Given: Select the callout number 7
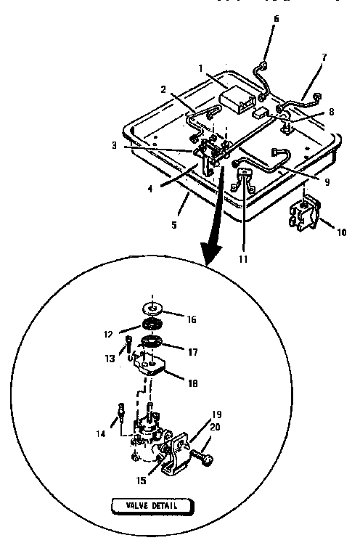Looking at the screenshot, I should click(324, 56).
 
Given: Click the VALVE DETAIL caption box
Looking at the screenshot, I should click(152, 505).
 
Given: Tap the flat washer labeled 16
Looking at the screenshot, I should click(155, 306).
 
